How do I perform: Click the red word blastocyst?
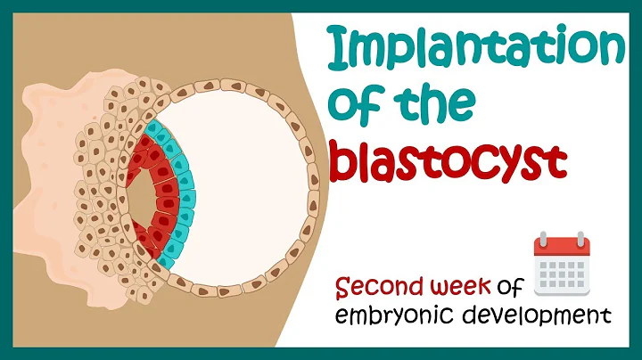click(449, 162)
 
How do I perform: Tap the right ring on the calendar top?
click(580, 240)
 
